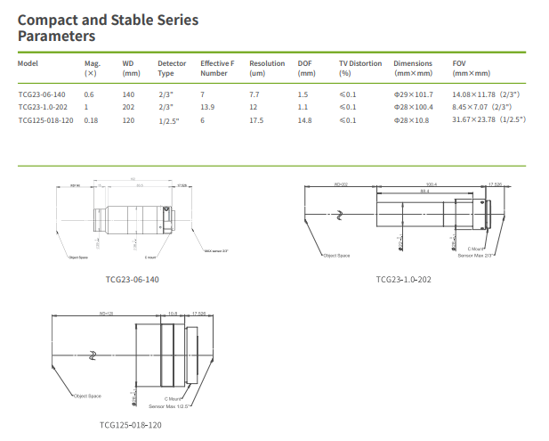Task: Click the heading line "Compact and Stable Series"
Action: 109,20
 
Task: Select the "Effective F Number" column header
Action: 217,69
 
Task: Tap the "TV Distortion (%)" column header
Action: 359,69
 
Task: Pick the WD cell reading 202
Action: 128,106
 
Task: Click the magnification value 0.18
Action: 91,119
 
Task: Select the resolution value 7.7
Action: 254,94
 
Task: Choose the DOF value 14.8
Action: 304,119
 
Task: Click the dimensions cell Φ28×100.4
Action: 413,106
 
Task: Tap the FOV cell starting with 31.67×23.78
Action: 488,119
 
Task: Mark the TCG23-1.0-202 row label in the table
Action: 46,106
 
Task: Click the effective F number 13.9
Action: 207,106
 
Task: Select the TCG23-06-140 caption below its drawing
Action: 133,279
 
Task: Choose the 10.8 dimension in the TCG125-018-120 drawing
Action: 173,314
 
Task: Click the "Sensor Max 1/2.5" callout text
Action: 179,405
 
